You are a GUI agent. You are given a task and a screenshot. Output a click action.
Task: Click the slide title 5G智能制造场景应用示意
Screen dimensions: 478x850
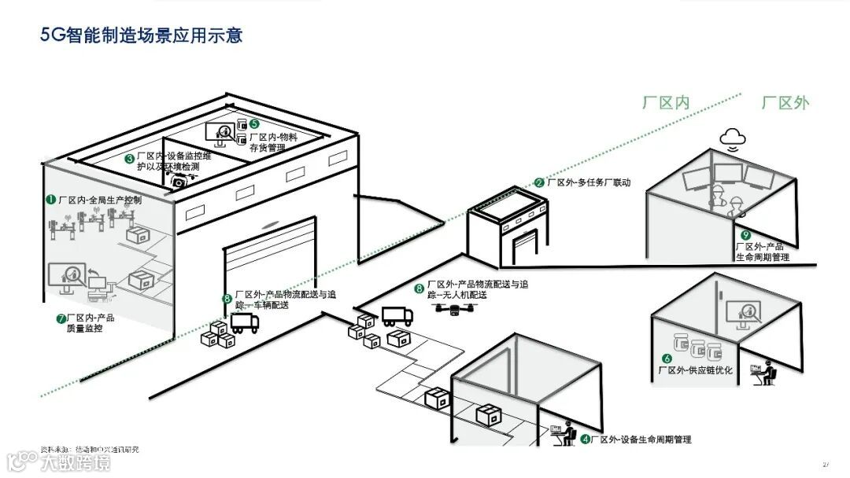tap(142, 35)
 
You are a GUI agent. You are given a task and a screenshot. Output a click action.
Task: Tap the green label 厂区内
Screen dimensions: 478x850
tap(666, 103)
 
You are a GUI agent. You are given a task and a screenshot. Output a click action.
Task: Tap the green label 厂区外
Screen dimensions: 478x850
tap(785, 103)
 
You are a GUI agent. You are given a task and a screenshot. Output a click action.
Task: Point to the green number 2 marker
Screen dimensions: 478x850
tap(539, 182)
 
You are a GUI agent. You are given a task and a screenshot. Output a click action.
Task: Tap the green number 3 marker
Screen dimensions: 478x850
tap(129, 158)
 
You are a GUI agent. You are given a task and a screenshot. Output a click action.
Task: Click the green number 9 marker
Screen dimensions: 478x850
tap(746, 235)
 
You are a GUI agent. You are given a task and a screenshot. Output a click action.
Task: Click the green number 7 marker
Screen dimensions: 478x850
tap(61, 318)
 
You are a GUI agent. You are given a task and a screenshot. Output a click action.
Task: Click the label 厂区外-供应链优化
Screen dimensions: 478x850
tap(700, 370)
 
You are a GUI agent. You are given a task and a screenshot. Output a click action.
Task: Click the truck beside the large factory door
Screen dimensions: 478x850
tap(245, 322)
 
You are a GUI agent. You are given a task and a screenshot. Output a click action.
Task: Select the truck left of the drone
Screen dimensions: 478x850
tap(397, 315)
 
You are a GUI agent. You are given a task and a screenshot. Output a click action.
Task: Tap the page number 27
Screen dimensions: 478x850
tap(826, 463)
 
